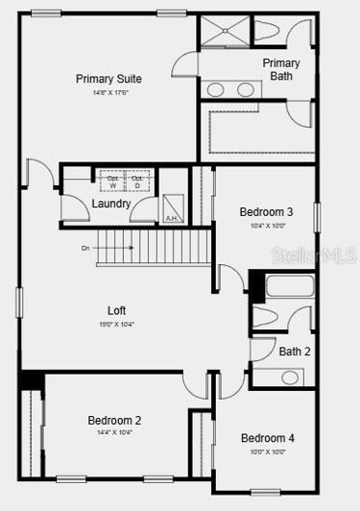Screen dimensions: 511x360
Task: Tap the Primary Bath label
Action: (x=280, y=69)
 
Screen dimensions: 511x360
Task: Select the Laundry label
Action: (x=111, y=204)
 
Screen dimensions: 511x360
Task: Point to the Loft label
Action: (x=116, y=310)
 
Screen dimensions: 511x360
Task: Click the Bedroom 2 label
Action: (x=114, y=420)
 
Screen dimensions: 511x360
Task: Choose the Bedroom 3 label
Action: (x=266, y=211)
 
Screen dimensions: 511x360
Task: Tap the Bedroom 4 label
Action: (x=267, y=438)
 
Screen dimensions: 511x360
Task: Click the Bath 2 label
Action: (x=295, y=352)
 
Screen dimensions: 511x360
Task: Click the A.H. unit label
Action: (x=172, y=218)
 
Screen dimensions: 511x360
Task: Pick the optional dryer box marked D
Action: (x=137, y=181)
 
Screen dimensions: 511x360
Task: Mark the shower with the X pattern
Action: (x=225, y=32)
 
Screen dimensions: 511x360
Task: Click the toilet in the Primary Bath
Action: (x=267, y=32)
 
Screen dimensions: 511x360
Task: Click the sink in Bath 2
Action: (x=291, y=377)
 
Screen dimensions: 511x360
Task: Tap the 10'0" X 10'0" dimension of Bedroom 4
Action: (x=267, y=451)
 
